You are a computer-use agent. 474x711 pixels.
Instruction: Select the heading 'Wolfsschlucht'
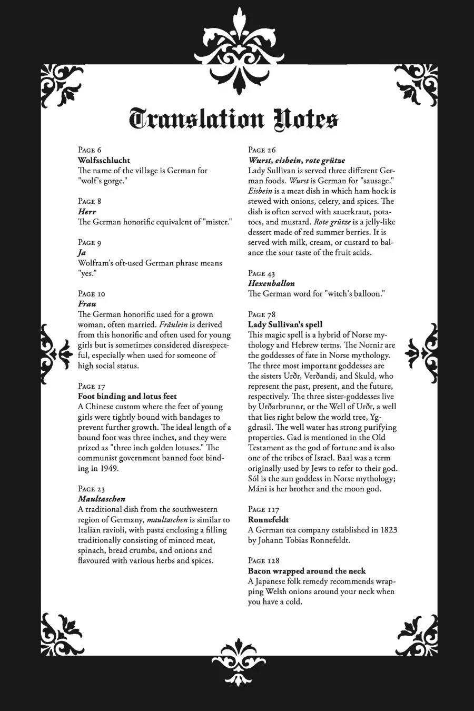104,160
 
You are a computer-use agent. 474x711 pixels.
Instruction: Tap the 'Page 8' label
90,201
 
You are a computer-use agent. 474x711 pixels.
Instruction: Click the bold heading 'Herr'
87,212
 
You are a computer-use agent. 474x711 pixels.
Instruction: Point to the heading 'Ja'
82,253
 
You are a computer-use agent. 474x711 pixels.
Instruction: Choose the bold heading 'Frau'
87,304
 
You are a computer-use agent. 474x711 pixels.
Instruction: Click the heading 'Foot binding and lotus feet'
127,397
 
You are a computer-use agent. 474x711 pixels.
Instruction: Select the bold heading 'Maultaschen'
102,499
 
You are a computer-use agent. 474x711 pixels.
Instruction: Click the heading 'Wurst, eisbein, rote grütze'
297,160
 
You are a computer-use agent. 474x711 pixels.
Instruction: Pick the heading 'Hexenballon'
271,283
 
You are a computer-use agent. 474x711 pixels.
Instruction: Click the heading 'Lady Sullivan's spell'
285,324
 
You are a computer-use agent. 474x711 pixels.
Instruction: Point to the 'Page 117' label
264,509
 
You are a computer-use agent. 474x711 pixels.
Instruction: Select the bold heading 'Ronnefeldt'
269,520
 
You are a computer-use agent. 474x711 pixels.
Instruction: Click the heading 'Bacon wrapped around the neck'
307,571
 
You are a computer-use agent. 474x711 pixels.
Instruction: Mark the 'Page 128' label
264,560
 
